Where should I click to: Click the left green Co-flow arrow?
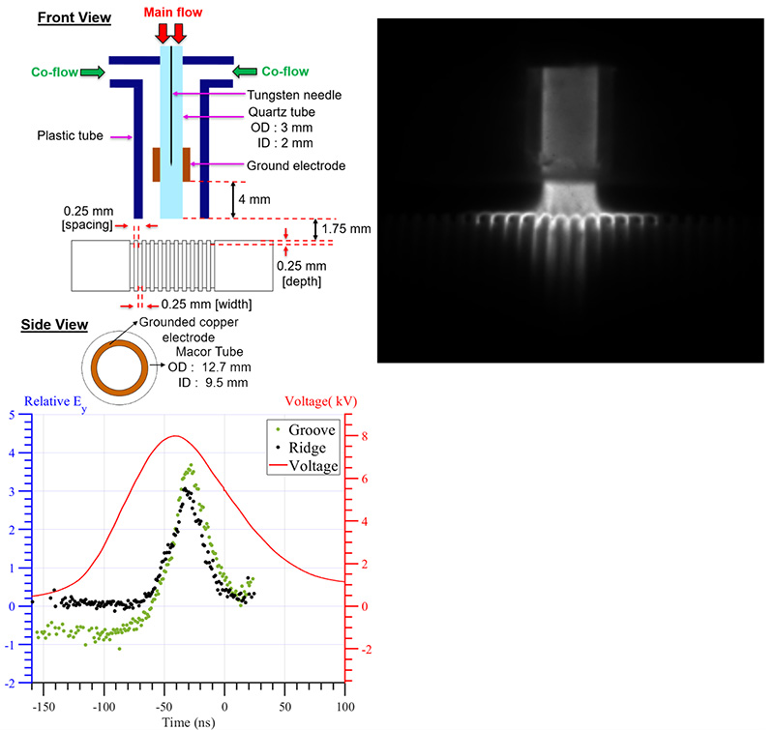93,71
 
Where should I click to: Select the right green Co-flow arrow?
246,71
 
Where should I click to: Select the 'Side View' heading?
54,325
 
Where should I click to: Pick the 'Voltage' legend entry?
309,466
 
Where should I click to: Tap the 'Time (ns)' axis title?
189,721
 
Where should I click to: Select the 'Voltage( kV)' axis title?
318,400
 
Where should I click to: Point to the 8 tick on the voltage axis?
355,436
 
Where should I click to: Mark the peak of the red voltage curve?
173,436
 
